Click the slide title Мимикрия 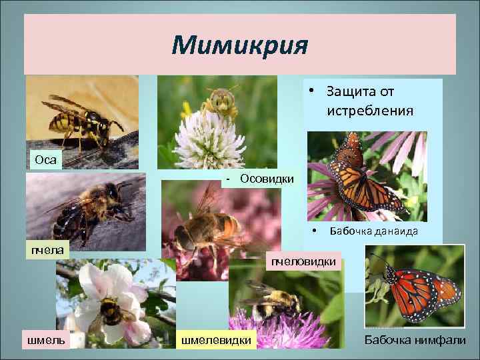tap(239, 47)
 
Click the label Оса tap(43, 159)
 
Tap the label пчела tap(46, 249)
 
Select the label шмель tap(45, 341)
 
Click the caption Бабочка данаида tap(374, 231)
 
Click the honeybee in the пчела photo tap(87, 207)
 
